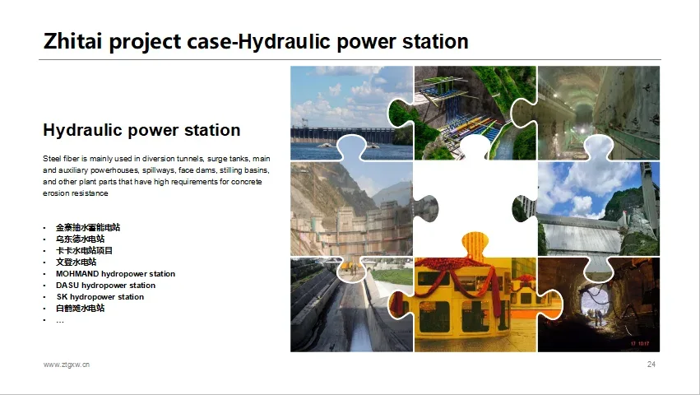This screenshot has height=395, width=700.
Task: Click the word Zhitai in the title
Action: (x=74, y=41)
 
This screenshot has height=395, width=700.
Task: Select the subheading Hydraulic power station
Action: (x=141, y=130)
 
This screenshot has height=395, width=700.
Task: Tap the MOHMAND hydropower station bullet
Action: (x=115, y=274)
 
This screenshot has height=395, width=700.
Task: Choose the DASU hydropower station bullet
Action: (x=105, y=286)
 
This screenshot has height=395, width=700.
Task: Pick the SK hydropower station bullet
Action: (x=100, y=297)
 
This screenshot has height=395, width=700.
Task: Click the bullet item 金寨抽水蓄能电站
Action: (x=88, y=227)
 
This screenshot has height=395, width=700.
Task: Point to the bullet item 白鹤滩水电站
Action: (x=80, y=309)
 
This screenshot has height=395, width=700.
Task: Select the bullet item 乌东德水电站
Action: (x=80, y=239)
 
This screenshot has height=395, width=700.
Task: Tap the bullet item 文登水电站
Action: (x=76, y=263)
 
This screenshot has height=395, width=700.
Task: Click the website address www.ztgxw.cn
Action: (x=67, y=365)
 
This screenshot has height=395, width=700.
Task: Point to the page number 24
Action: (x=651, y=365)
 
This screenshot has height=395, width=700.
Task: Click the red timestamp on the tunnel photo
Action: (x=640, y=344)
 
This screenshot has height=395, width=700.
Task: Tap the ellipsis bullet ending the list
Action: (x=60, y=320)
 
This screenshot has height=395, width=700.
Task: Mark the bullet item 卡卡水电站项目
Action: (x=84, y=251)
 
